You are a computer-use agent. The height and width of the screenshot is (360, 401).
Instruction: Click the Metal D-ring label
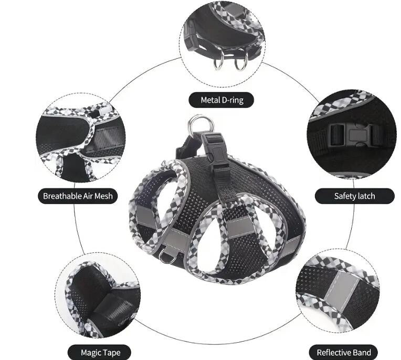pyautogui.click(x=222, y=100)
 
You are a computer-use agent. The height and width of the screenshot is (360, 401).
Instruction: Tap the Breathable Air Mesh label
pyautogui.click(x=78, y=196)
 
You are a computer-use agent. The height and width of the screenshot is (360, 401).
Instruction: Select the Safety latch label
pyautogui.click(x=355, y=196)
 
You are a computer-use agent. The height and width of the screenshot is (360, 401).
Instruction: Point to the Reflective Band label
pyautogui.click(x=343, y=352)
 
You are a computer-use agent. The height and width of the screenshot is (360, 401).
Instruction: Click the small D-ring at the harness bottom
pyautogui.click(x=168, y=257)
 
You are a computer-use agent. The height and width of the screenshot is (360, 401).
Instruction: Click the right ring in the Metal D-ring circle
pyautogui.click(x=240, y=63)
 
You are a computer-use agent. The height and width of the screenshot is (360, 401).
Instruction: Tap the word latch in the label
pyautogui.click(x=365, y=196)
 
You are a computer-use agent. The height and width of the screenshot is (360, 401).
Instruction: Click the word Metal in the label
pyautogui.click(x=211, y=100)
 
